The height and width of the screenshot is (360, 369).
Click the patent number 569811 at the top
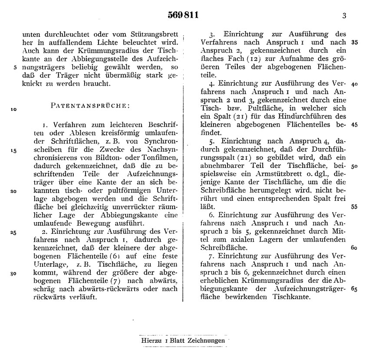click(183, 16)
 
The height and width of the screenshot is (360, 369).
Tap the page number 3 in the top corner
click(344, 16)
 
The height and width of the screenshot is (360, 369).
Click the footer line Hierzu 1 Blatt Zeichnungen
click(183, 340)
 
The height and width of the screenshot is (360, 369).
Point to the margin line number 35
click(354, 43)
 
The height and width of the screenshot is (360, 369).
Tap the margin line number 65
click(354, 289)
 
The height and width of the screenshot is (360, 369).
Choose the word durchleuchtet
click(57, 34)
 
